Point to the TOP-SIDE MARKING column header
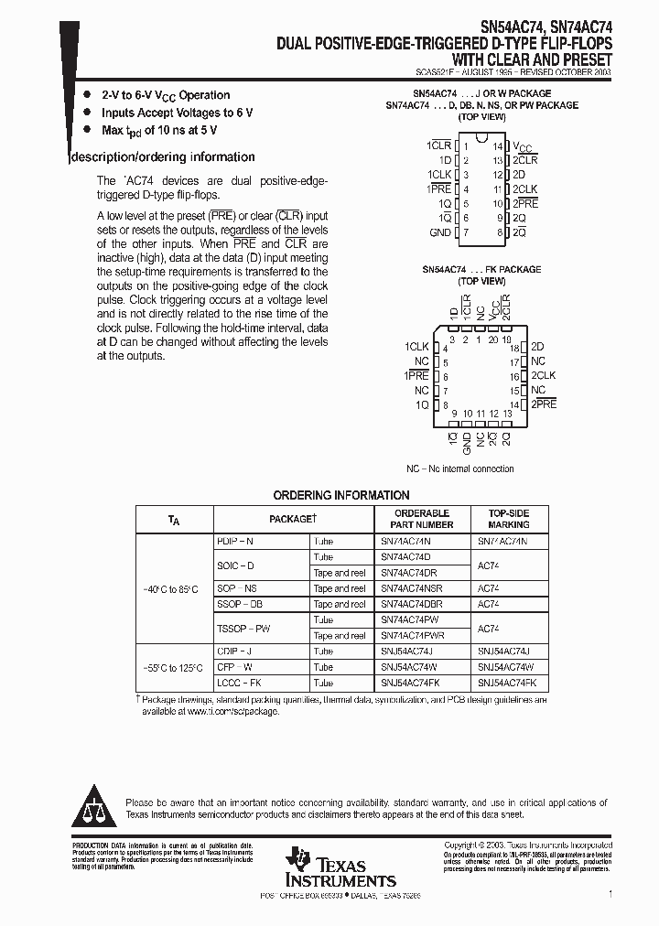point(508,519)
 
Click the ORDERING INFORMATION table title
point(341,495)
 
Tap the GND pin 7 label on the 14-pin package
point(440,233)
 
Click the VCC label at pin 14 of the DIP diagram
point(522,146)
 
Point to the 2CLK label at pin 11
point(524,189)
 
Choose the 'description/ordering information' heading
point(164,157)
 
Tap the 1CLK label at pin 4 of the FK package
point(416,348)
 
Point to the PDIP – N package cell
point(236,542)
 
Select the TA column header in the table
point(174,520)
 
